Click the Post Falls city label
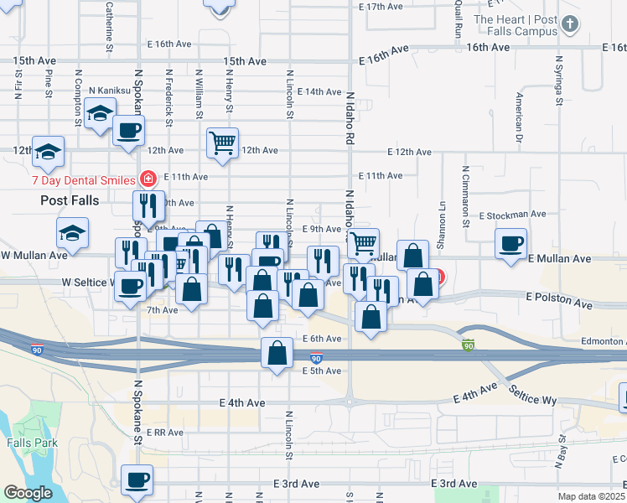70,201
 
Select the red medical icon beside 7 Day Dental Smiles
148,179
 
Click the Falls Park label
32,442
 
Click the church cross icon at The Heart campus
571,24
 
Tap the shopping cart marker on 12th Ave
223,143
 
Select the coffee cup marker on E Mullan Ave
510,244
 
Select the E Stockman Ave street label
512,215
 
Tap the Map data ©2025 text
592,496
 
